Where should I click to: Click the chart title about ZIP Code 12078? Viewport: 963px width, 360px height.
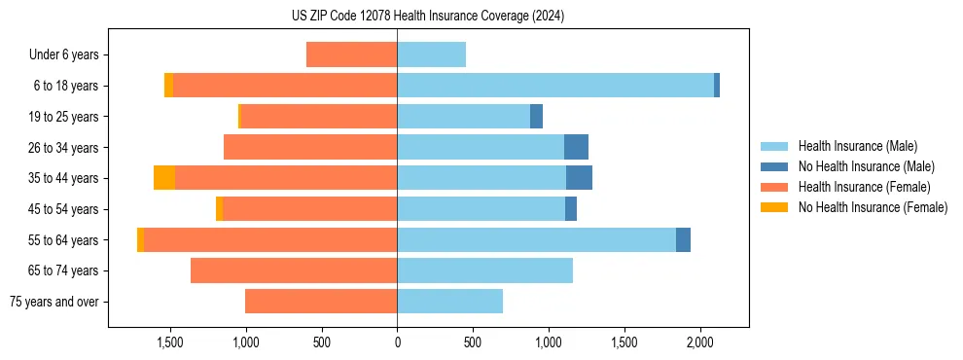(427, 16)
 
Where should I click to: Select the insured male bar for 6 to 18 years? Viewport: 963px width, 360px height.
(554, 86)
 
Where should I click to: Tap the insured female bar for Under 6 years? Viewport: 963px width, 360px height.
(351, 54)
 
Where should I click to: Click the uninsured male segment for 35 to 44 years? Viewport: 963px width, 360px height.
(579, 178)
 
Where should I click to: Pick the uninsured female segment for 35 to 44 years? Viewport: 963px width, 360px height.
(164, 178)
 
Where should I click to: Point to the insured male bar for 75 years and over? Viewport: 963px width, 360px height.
(449, 302)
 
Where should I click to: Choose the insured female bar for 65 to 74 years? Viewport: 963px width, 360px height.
(294, 270)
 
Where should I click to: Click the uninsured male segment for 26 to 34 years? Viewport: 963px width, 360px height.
(576, 147)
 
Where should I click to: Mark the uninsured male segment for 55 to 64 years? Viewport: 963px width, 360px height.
(683, 239)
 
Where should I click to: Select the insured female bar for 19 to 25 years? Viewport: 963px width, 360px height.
(318, 117)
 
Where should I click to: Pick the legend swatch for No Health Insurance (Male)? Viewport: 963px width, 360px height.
(773, 166)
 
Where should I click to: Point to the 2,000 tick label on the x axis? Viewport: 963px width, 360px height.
(700, 342)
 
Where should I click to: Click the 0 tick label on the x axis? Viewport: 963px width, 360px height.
(397, 342)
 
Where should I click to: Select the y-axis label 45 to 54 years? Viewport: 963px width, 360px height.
(64, 209)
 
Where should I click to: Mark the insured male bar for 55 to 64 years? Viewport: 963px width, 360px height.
(536, 239)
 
